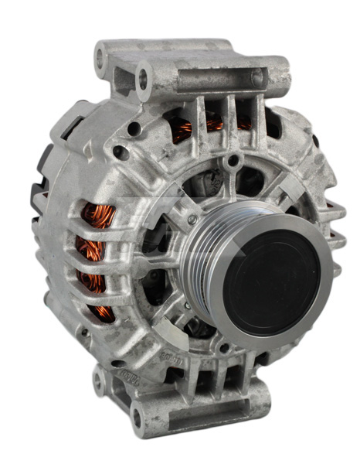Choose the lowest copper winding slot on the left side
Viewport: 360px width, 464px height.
pos(101,310)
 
